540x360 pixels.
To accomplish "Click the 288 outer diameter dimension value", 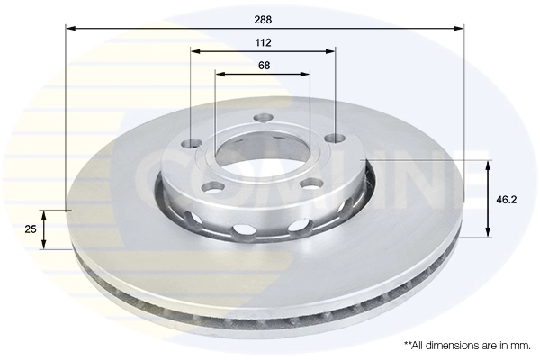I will [263, 18].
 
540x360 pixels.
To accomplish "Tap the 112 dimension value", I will [263, 42].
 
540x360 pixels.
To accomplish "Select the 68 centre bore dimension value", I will [263, 65].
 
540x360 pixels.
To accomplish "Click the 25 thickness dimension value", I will [31, 229].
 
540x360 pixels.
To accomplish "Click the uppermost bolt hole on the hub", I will [263, 117].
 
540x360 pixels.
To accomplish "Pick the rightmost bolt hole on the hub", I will [335, 138].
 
